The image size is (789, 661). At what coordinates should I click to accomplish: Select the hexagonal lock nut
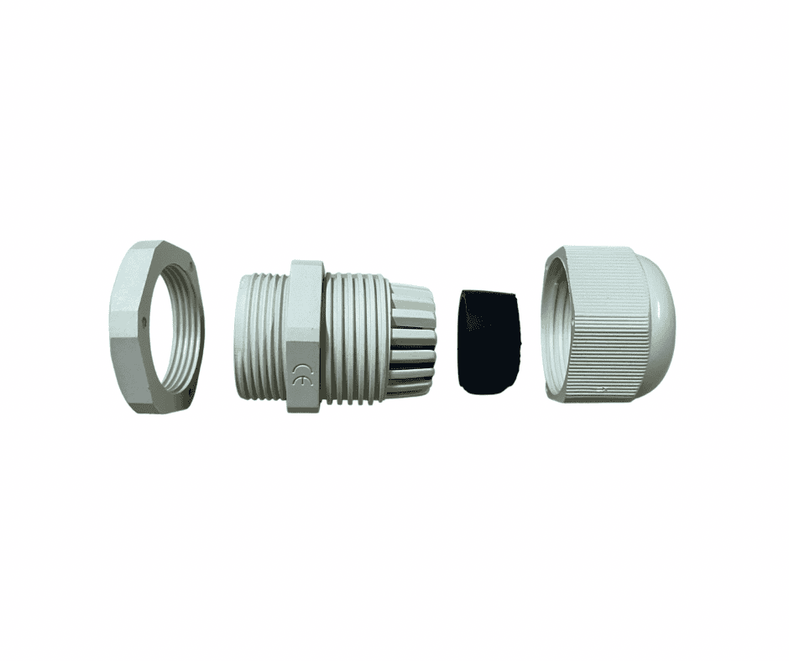[x=157, y=327]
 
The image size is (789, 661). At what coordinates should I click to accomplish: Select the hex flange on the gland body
[x=306, y=336]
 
